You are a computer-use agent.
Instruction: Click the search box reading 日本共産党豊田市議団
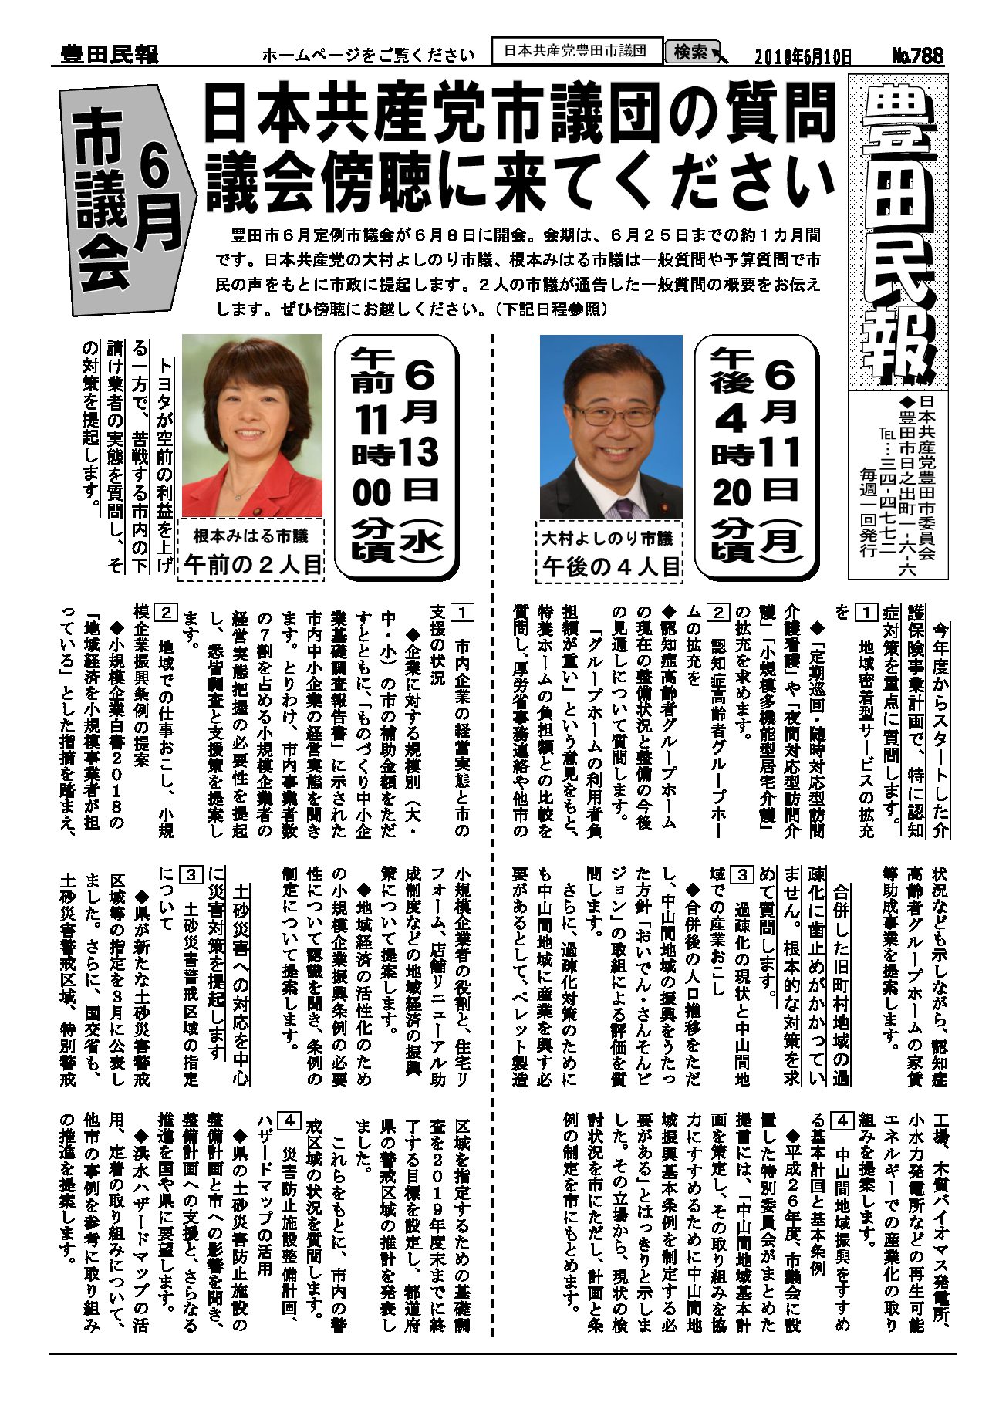pos(576,51)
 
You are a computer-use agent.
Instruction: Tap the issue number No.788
pos(918,56)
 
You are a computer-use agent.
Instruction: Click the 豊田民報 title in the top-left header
pos(109,55)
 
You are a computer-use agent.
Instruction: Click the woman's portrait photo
pos(251,425)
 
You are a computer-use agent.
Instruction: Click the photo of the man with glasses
pos(611,427)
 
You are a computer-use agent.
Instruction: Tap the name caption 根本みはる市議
pos(250,535)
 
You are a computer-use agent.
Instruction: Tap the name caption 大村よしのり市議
pos(607,538)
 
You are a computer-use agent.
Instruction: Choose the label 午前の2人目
pos(251,565)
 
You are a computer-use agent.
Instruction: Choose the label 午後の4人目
pos(610,567)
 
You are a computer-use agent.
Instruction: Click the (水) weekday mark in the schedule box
pos(421,543)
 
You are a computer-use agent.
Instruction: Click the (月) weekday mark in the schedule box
pos(780,539)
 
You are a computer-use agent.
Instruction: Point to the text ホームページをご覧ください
pos(368,56)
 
